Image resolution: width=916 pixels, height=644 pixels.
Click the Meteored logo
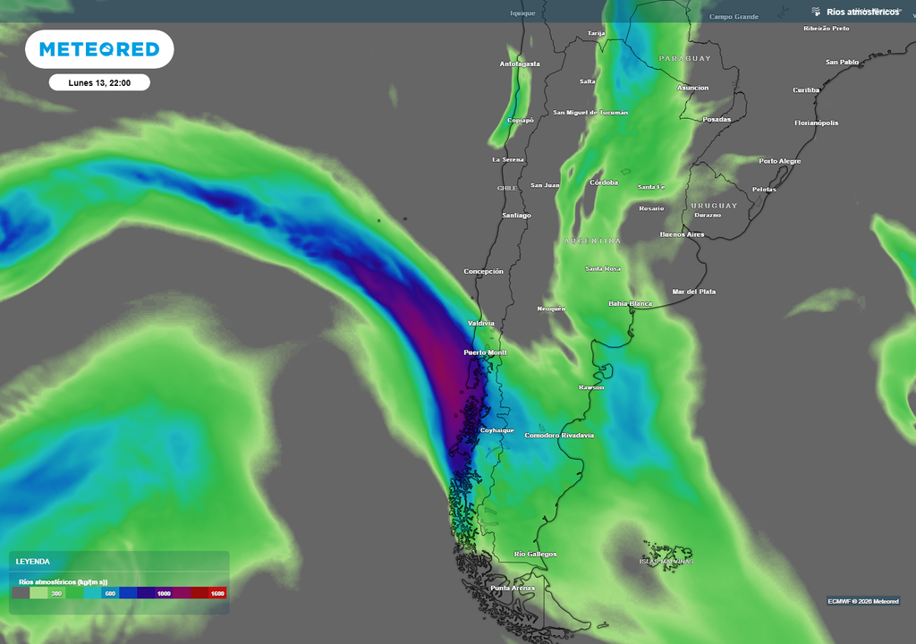pos(98,49)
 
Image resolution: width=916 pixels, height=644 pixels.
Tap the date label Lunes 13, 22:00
pos(99,82)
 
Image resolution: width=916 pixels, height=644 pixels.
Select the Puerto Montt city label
pos(485,353)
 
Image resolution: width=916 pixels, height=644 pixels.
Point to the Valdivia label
pos(481,323)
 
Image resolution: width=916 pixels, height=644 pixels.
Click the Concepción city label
pos(483,271)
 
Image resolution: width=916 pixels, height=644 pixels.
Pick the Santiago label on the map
pos(516,216)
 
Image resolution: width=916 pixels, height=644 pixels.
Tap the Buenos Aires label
pos(682,234)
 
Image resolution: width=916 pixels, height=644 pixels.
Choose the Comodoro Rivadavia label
pos(559,436)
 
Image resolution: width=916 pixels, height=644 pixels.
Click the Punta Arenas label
pos(513,588)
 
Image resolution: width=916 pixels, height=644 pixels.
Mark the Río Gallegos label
pos(536,554)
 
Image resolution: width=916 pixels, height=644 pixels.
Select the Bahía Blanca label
pos(631,303)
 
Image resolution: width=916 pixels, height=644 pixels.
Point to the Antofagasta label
pos(520,64)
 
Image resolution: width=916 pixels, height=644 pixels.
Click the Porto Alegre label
pos(780,161)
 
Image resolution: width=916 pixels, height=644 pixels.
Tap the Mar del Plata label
pos(694,292)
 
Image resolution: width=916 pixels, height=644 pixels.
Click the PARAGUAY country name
pos(685,58)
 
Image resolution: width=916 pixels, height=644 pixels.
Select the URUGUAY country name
pos(714,205)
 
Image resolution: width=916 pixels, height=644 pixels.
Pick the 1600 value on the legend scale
pos(217,593)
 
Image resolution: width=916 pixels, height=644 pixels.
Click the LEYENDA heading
pos(33,562)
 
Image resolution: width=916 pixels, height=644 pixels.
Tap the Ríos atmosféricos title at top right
pos(862,12)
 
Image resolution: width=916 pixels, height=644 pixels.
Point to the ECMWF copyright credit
pos(863,600)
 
